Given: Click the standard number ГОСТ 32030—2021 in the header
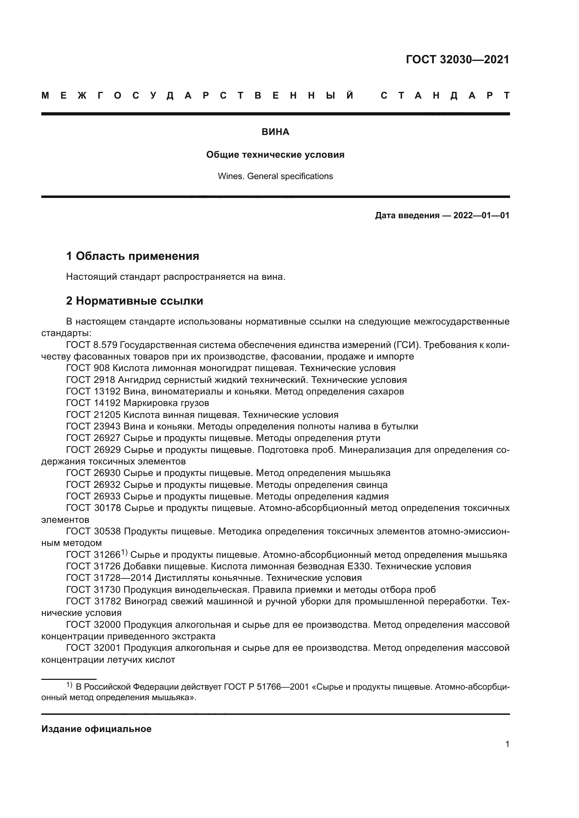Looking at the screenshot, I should (x=458, y=59).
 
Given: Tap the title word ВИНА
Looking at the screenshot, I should (x=275, y=132).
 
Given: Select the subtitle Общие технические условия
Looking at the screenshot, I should (x=275, y=155).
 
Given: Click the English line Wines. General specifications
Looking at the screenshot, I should (x=275, y=176).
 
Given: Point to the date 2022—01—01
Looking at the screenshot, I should (x=481, y=215).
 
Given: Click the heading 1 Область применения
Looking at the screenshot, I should (x=132, y=256).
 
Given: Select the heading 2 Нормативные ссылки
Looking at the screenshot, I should (x=134, y=301).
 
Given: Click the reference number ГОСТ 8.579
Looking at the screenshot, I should (x=92, y=345).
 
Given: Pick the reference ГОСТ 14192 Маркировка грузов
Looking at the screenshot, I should (x=138, y=403).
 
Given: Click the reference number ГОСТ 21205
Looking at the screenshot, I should (x=93, y=415).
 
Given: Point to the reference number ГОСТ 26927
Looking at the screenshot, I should (x=93, y=438).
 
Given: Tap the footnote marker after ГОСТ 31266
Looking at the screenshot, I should (x=124, y=553).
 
